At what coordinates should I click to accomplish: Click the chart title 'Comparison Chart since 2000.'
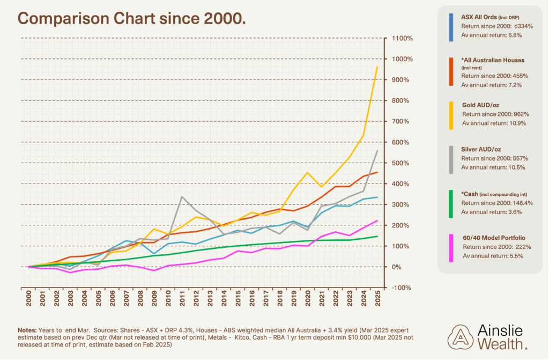(132, 19)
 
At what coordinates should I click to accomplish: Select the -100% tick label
(402, 288)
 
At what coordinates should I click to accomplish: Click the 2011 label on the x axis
(182, 299)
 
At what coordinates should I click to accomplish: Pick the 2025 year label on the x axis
(377, 299)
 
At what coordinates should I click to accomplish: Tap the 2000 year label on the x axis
(29, 299)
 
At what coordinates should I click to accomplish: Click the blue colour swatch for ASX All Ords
(451, 28)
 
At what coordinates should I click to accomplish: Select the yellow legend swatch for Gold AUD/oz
(451, 116)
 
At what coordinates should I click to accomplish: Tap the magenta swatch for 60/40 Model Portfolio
(451, 248)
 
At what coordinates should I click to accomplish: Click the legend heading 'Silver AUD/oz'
(481, 149)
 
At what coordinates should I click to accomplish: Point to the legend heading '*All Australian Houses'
(493, 60)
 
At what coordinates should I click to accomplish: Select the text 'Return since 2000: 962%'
(495, 114)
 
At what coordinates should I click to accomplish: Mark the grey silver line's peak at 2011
(182, 197)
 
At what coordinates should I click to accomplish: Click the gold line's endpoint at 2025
(377, 67)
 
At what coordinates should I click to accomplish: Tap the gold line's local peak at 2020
(307, 172)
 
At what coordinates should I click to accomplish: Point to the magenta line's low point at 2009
(154, 270)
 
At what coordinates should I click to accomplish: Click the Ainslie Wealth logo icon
(460, 337)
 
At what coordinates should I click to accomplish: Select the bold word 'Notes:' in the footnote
(27, 330)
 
